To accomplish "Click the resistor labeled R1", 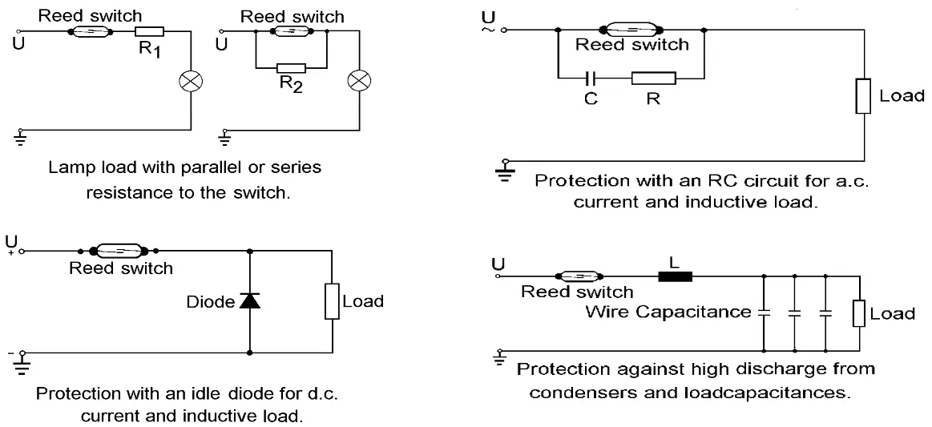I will [150, 33].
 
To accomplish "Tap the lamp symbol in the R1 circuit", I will [191, 83].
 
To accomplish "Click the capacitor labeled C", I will [591, 79].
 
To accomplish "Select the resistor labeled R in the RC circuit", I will [653, 79].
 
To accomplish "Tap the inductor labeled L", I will [674, 276].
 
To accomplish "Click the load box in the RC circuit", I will [864, 96].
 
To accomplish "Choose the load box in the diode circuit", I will [333, 301].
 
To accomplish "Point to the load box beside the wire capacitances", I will [859, 314].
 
